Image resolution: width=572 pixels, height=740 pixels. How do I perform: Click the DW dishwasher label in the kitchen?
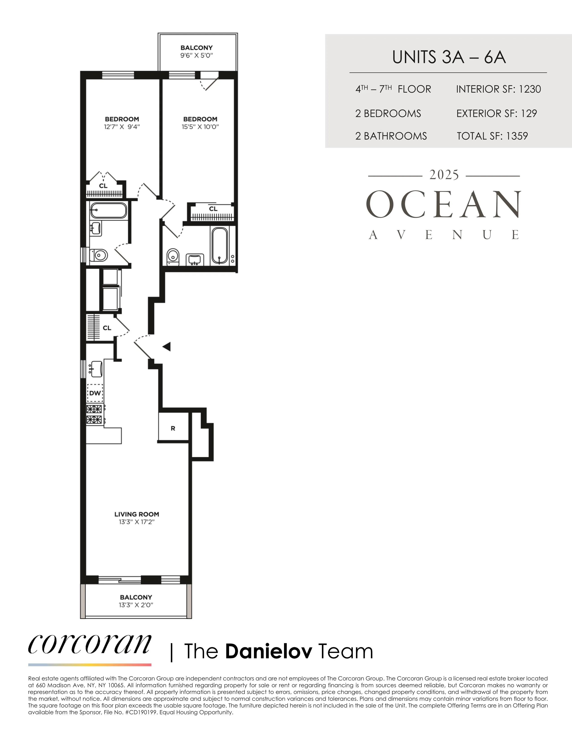95,393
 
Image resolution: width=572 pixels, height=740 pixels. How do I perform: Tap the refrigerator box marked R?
173,428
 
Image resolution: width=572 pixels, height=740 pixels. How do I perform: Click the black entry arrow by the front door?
166,347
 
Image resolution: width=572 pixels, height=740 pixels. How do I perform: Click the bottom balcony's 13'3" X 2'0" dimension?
136,605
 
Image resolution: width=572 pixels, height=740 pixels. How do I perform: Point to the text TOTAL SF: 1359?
492,136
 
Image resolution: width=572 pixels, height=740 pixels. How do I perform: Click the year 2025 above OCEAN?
444,175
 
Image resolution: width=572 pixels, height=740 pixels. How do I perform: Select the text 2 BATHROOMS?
391,136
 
